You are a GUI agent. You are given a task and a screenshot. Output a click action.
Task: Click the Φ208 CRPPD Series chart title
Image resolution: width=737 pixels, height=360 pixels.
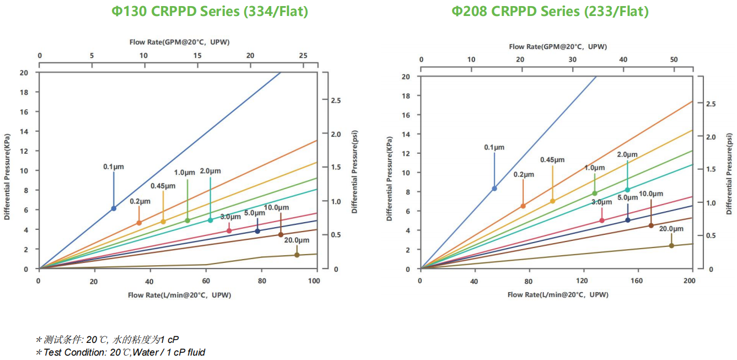(550, 11)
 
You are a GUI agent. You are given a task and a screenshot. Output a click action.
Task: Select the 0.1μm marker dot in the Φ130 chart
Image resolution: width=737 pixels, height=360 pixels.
(114, 208)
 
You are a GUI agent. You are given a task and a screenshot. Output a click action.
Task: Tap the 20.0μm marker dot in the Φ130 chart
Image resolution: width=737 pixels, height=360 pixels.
(297, 255)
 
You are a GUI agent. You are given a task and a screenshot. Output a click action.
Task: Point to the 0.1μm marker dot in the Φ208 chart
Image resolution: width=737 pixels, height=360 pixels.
(494, 189)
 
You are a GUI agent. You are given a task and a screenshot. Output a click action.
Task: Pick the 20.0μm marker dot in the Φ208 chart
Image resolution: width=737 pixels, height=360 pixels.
(671, 245)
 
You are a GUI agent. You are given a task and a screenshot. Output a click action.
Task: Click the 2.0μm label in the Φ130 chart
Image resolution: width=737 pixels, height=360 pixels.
(210, 171)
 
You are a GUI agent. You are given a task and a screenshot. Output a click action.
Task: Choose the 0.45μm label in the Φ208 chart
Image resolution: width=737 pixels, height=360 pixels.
(552, 160)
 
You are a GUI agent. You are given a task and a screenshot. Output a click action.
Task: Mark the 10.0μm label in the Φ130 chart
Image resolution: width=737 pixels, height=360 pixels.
(276, 207)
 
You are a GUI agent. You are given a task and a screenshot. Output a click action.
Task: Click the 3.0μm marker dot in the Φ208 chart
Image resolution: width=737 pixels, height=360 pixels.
(602, 221)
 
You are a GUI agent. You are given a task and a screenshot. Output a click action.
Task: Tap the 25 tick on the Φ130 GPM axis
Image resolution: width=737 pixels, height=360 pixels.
(303, 56)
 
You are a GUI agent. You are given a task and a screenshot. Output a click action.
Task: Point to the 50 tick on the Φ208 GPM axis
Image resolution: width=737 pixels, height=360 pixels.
(674, 60)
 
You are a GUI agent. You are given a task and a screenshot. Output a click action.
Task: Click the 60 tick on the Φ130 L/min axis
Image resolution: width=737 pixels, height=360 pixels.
(206, 281)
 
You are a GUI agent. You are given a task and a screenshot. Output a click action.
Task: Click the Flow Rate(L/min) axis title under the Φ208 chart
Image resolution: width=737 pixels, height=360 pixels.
(558, 295)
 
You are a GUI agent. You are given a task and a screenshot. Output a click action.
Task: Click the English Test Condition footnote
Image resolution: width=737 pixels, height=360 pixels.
(120, 352)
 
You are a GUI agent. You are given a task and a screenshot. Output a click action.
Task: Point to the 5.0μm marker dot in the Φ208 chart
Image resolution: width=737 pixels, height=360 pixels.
(628, 221)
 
